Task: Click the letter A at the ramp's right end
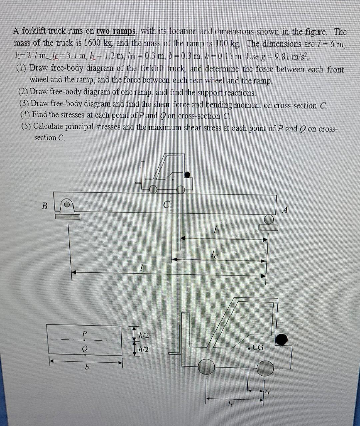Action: [x=284, y=210]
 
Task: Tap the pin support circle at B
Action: [x=67, y=204]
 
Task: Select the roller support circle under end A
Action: [x=269, y=219]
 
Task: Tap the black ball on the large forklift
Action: [x=281, y=339]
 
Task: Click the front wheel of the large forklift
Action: [x=206, y=367]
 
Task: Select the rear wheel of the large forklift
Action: [x=265, y=368]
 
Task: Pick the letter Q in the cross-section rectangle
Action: [x=85, y=349]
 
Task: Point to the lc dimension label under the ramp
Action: [x=215, y=256]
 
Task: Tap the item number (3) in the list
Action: [x=24, y=104]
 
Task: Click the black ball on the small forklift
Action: [x=188, y=174]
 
